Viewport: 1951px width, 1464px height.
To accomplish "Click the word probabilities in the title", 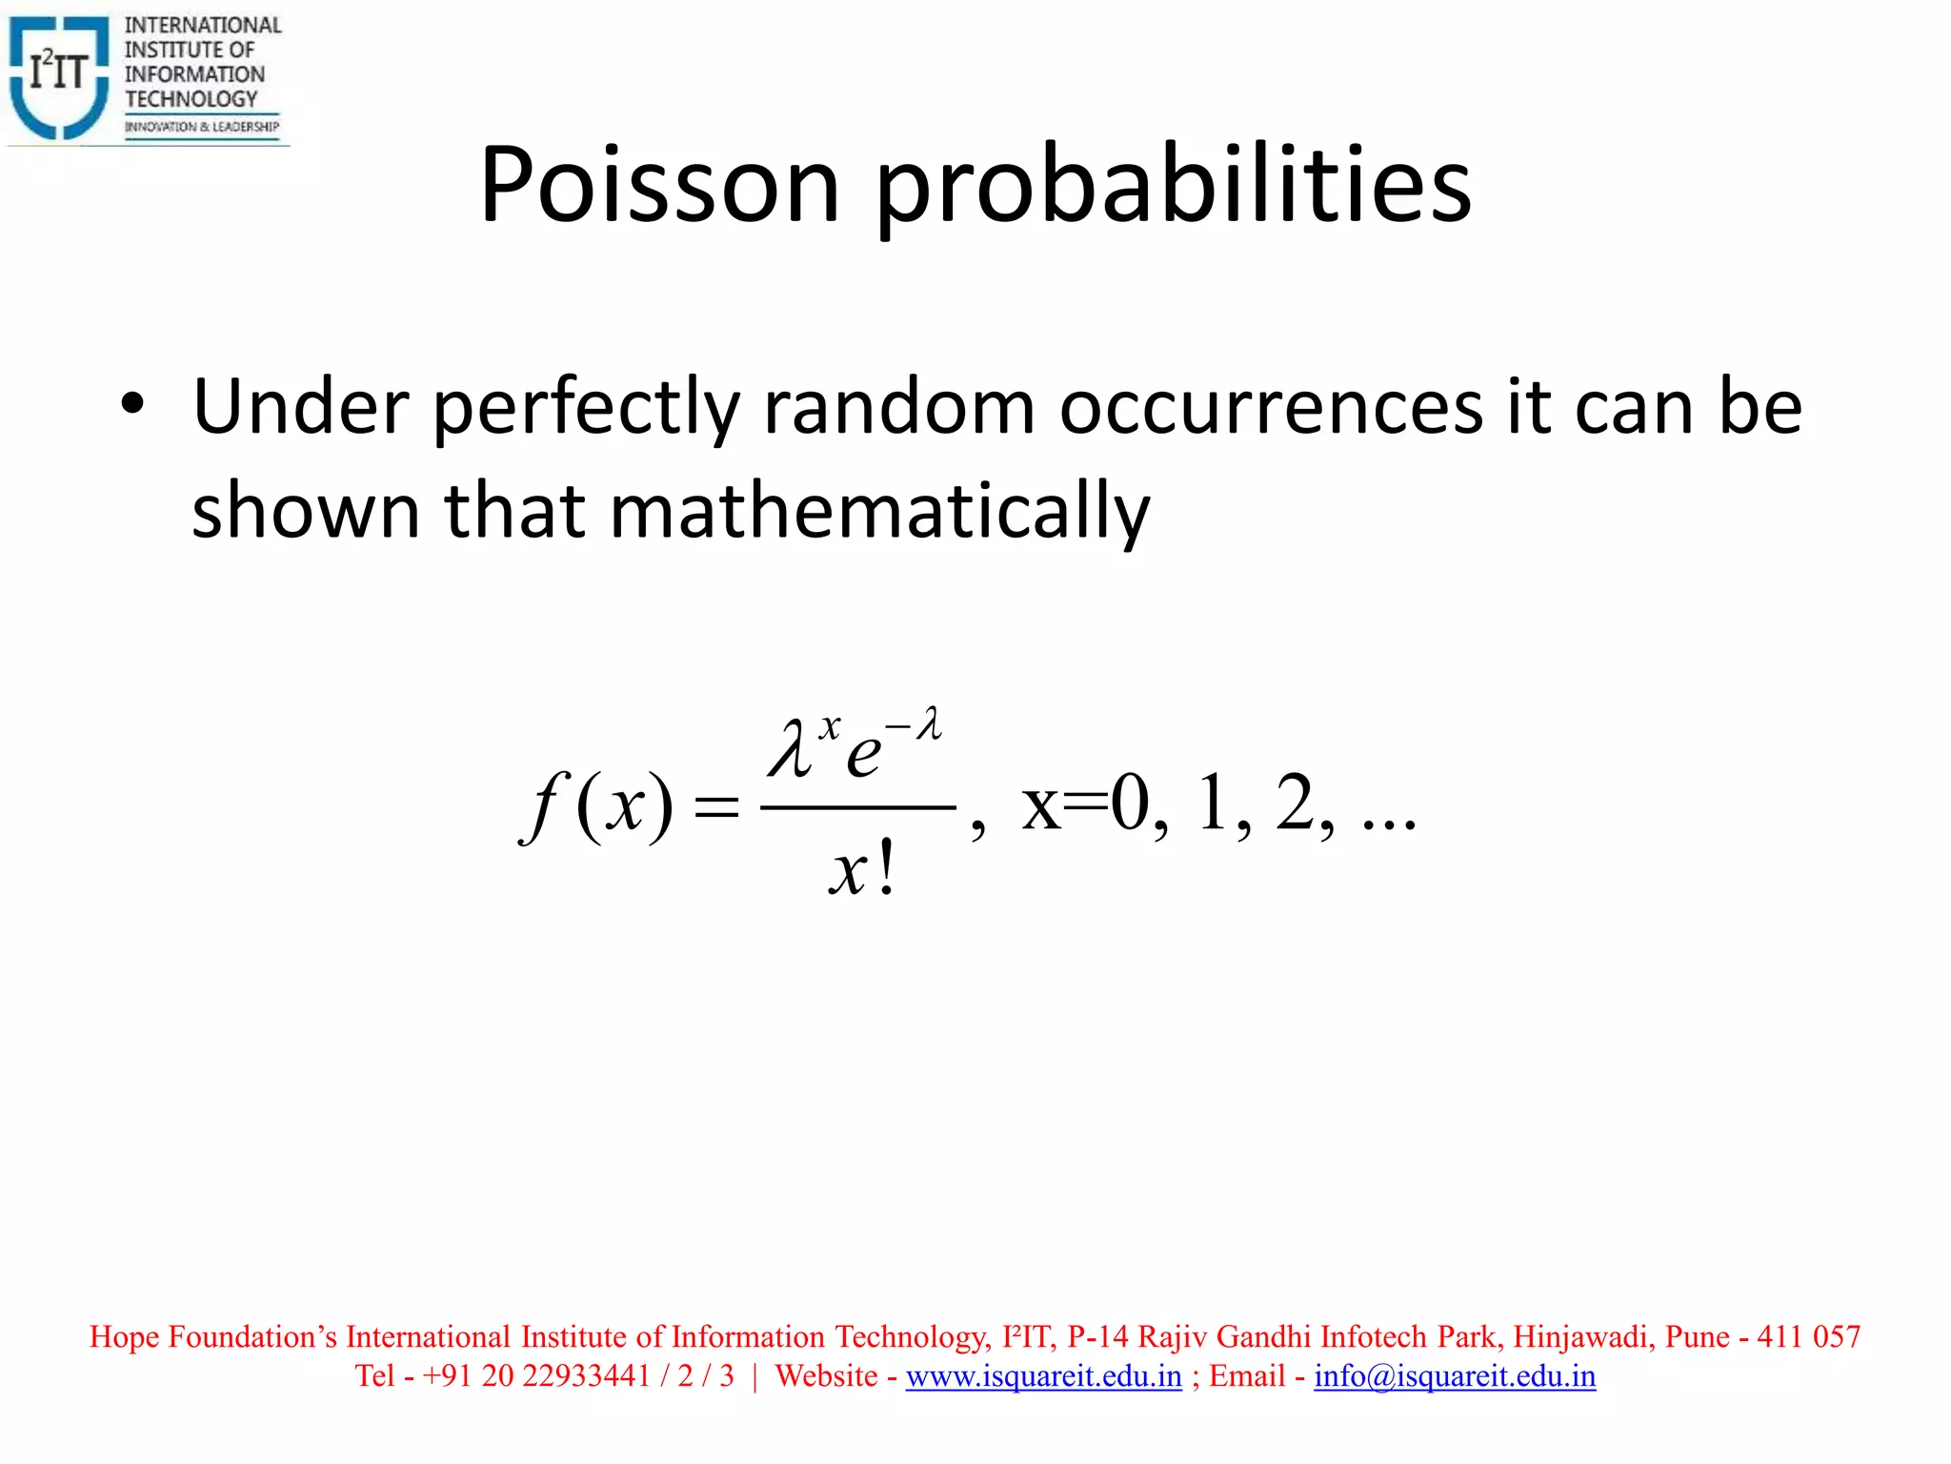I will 1173,187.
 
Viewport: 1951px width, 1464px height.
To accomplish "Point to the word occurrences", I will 1270,409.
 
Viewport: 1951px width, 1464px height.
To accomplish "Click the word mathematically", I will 879,512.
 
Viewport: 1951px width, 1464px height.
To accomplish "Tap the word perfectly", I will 586,409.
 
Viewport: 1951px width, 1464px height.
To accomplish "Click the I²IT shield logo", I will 59,76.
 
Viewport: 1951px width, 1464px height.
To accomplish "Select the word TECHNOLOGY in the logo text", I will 191,99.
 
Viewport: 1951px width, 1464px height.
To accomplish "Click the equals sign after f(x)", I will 716,808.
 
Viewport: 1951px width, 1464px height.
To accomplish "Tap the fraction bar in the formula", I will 857,808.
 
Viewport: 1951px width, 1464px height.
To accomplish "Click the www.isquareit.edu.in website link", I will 1043,1376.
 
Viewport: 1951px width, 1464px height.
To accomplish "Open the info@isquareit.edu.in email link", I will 1455,1376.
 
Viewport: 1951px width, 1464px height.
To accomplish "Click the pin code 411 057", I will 1808,1336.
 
